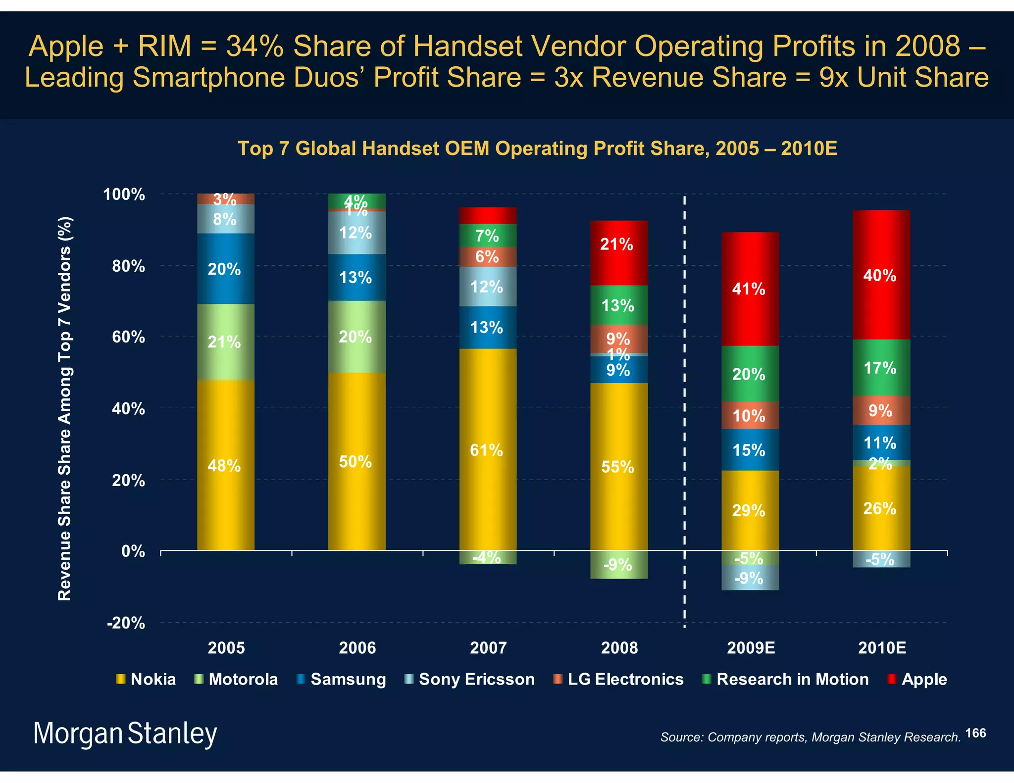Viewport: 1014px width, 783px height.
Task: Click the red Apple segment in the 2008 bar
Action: (619, 252)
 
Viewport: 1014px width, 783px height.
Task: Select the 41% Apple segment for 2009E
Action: (750, 289)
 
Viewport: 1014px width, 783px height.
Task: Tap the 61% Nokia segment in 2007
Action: (488, 449)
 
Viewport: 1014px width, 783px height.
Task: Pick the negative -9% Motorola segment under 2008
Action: (619, 564)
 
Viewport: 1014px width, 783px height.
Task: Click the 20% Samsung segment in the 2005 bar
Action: (226, 269)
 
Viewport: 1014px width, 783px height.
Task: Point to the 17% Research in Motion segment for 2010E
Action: (881, 368)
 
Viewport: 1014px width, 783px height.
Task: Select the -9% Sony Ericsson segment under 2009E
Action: (750, 578)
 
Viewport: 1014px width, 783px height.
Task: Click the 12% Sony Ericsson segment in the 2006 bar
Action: (356, 233)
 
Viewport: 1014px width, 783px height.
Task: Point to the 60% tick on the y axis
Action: (128, 337)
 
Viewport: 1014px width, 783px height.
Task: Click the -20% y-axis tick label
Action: (126, 623)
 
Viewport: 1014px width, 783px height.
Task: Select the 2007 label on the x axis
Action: (488, 648)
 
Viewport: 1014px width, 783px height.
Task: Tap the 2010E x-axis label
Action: (882, 648)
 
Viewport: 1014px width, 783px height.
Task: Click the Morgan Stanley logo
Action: (125, 733)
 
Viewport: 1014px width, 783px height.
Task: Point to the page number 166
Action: (975, 733)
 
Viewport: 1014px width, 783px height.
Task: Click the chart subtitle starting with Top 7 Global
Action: (537, 148)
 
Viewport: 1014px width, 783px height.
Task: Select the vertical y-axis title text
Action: (65, 408)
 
